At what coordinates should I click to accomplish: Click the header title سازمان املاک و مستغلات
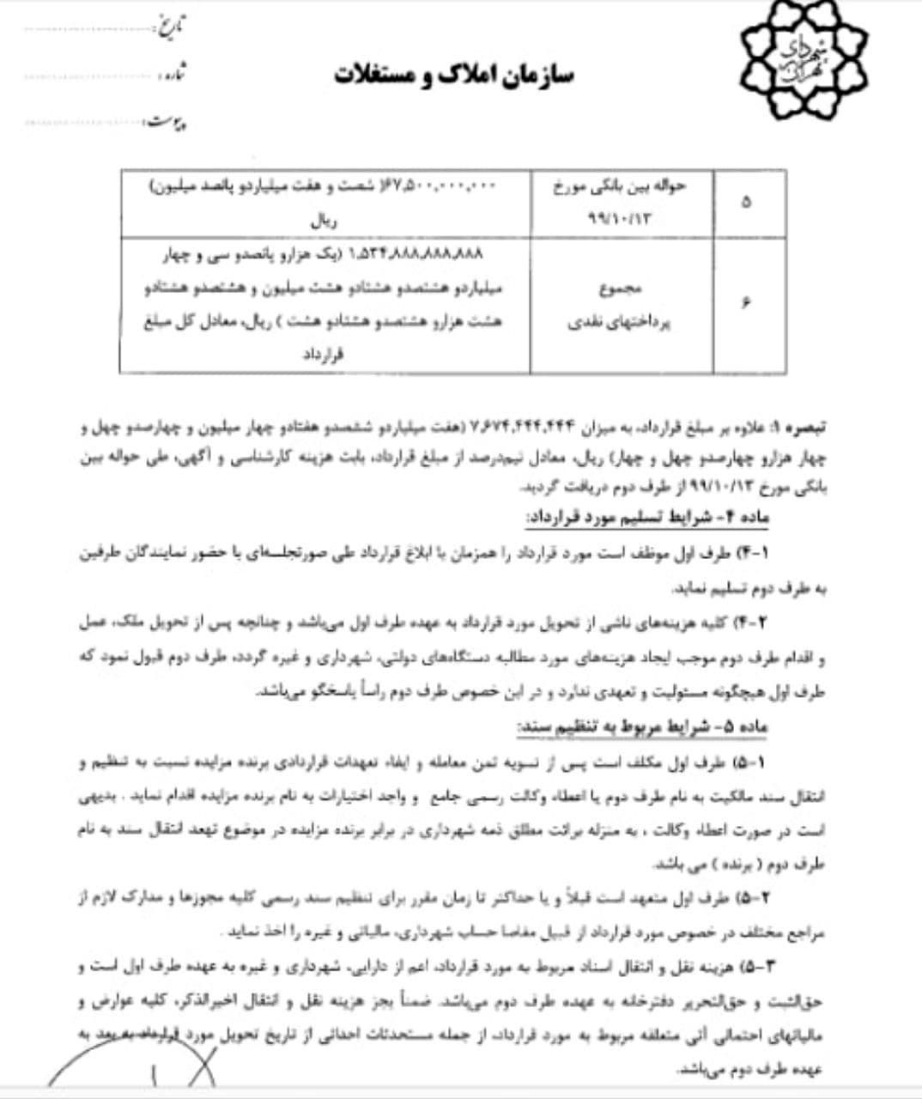[454, 75]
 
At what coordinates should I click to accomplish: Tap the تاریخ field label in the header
[169, 27]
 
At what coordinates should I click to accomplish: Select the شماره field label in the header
[172, 74]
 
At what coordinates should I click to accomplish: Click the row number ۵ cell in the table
[745, 203]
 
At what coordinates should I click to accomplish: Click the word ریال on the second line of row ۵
[325, 220]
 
